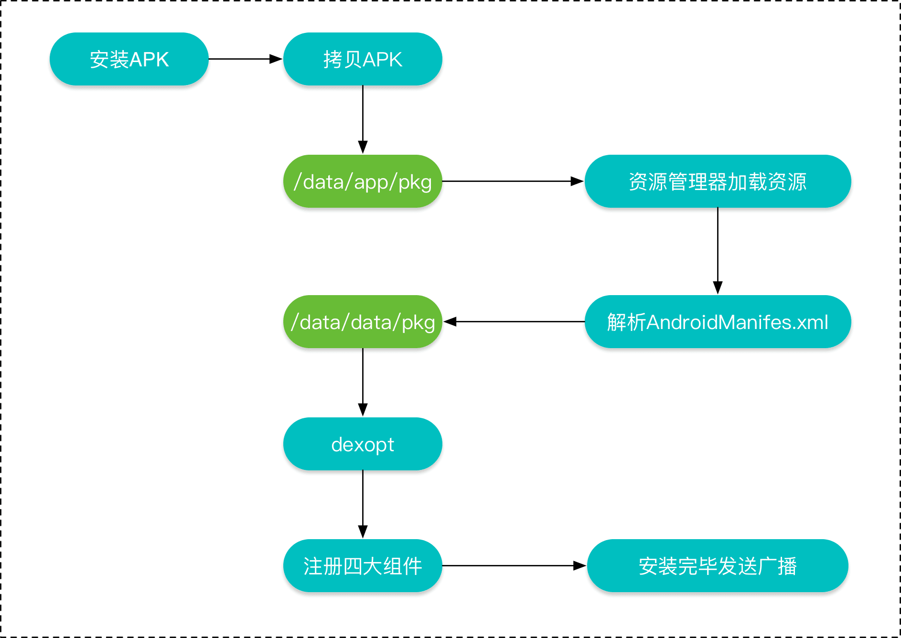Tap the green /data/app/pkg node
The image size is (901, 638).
tap(363, 181)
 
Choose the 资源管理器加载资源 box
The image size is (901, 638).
tap(718, 181)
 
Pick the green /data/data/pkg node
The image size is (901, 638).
tap(363, 322)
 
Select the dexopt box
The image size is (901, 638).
tap(363, 444)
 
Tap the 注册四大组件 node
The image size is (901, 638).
tap(363, 566)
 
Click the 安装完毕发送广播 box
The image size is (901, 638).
tap(718, 566)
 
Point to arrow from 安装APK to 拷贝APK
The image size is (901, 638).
tap(245, 59)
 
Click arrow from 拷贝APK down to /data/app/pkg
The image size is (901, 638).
tap(363, 119)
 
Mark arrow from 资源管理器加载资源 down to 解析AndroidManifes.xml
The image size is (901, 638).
tap(718, 251)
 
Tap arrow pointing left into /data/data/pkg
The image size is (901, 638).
tap(514, 322)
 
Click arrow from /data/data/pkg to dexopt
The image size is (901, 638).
tap(363, 382)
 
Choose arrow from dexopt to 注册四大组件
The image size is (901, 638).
tap(363, 504)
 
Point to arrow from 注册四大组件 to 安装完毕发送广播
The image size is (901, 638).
tap(514, 566)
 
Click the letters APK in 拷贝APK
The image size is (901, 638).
tap(383, 60)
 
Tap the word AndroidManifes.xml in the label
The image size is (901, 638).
tap(737, 322)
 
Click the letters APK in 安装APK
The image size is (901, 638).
tap(149, 60)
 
